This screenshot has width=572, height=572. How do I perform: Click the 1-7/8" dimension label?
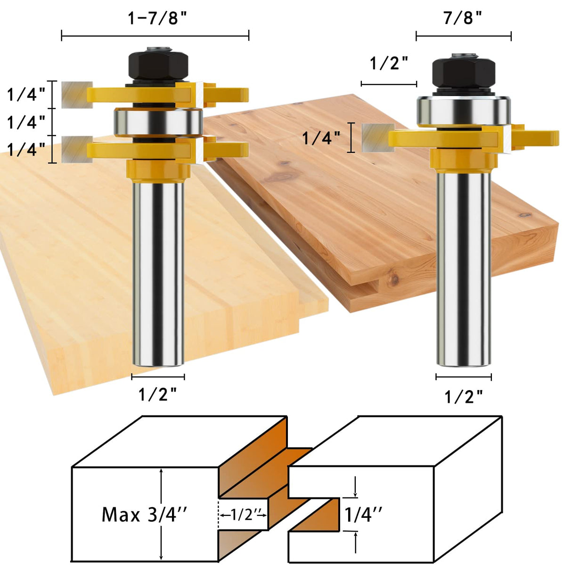point(157,18)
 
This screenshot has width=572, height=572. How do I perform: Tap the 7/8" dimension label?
point(463,18)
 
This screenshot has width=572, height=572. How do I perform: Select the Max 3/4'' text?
point(144,514)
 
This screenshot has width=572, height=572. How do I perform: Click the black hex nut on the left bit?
point(158,66)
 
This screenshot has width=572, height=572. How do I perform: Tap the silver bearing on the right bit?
point(464,112)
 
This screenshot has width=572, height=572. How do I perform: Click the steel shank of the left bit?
point(158,273)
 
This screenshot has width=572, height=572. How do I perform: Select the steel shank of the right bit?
point(464,269)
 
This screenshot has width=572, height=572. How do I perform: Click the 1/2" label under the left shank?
point(157,394)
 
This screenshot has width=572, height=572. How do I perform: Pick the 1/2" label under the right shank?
point(464,397)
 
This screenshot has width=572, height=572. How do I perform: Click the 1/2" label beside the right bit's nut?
point(389,63)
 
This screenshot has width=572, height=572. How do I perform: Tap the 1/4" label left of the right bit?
point(321,138)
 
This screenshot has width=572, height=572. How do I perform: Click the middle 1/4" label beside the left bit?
point(26,123)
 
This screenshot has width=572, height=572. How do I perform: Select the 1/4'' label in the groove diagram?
point(363,515)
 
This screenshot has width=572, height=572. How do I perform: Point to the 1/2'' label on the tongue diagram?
point(243,515)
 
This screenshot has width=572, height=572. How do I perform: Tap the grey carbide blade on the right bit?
point(377,138)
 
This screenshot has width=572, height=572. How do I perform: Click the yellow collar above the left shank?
point(158,171)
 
